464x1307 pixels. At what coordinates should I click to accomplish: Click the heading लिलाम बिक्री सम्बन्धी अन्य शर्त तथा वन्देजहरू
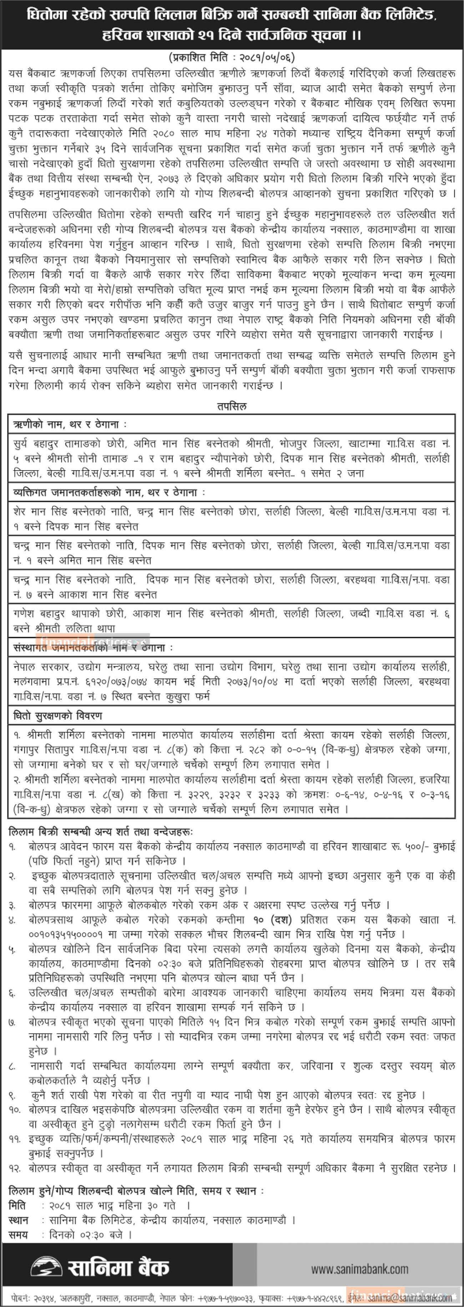point(101,832)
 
